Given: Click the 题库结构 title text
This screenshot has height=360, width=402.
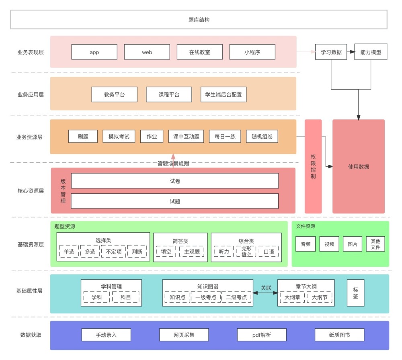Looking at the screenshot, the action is pyautogui.click(x=199, y=20).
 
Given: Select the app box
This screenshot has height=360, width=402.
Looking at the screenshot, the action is pyautogui.click(x=94, y=52).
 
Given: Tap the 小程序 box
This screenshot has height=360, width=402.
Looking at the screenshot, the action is pyautogui.click(x=252, y=52).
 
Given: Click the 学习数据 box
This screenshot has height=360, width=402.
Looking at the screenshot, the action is pyautogui.click(x=331, y=52).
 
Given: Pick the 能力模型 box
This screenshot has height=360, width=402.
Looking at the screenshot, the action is pyautogui.click(x=371, y=52).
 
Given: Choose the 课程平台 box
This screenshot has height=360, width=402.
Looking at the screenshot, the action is pyautogui.click(x=169, y=94).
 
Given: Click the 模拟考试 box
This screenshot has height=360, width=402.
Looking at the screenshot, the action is pyautogui.click(x=119, y=136).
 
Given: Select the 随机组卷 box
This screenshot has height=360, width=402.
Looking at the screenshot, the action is pyautogui.click(x=262, y=136).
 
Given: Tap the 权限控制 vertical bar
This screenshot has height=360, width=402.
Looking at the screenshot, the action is pyautogui.click(x=313, y=166).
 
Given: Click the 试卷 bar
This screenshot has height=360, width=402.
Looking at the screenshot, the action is pyautogui.click(x=175, y=181).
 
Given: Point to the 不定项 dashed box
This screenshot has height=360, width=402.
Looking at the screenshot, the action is pyautogui.click(x=114, y=252).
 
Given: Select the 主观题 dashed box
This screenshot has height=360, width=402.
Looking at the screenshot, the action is pyautogui.click(x=192, y=252).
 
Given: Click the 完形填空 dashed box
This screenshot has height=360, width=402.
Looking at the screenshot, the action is pyautogui.click(x=246, y=252).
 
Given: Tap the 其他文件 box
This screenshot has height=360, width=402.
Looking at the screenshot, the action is pyautogui.click(x=375, y=244).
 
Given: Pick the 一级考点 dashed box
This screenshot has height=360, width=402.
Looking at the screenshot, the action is pyautogui.click(x=206, y=297).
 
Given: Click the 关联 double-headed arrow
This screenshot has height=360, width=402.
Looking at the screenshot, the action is pyautogui.click(x=265, y=292).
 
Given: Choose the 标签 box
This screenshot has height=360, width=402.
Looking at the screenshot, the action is pyautogui.click(x=355, y=293).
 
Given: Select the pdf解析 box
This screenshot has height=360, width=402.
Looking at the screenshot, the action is pyautogui.click(x=262, y=335).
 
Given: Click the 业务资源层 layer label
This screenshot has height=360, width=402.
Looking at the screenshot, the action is pyautogui.click(x=29, y=137).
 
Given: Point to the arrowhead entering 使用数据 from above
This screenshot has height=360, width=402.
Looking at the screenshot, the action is pyautogui.click(x=359, y=118).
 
